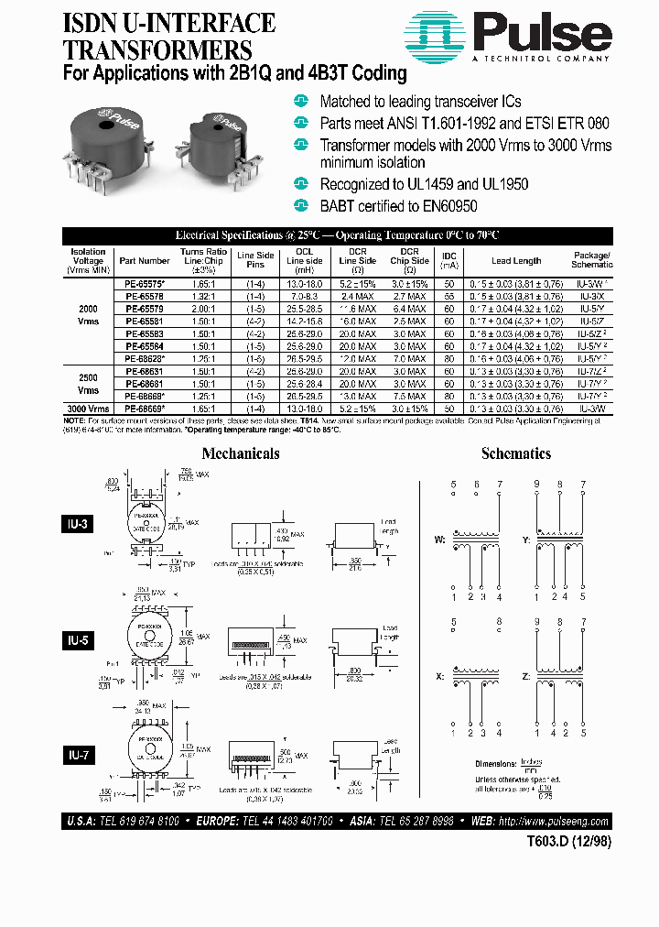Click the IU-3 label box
[81, 524]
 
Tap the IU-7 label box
[81, 755]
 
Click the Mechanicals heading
[240, 453]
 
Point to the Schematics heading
[516, 453]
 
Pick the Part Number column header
[145, 261]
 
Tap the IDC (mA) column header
[448, 260]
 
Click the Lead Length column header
[515, 261]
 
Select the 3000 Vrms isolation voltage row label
[89, 407]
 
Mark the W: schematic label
[439, 540]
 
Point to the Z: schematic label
[527, 675]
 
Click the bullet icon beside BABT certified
[301, 205]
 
